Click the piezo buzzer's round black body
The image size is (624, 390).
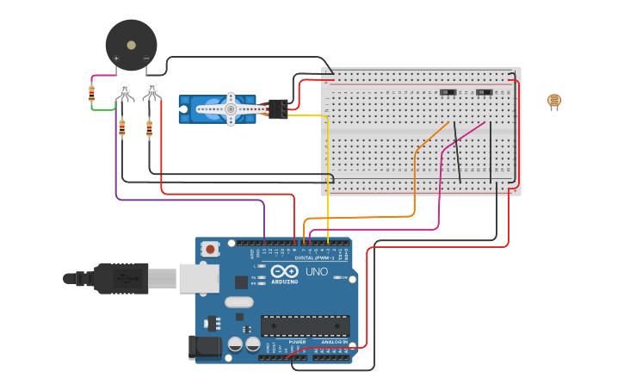point(131,45)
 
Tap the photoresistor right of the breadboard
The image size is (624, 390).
point(553,102)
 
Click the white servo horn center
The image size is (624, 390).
point(231,109)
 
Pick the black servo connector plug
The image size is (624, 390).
point(278,108)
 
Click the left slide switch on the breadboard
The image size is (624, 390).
point(448,91)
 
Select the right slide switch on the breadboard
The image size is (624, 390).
point(485,91)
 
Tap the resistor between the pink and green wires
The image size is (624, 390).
point(92,93)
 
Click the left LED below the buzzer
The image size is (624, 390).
point(125,89)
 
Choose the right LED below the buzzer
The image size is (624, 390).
point(151,89)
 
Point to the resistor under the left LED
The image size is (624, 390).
point(121,129)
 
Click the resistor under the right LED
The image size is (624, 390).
point(149,129)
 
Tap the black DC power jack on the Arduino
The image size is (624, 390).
point(203,347)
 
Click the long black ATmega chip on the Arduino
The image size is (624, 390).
point(306,325)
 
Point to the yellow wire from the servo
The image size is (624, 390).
point(328,172)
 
